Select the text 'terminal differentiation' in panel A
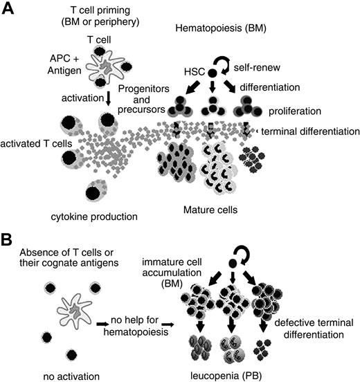click(x=309, y=131)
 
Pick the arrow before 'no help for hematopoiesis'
click(x=102, y=322)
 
